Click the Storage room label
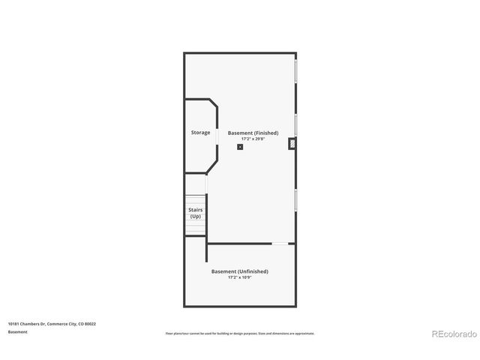pyautogui.click(x=200, y=133)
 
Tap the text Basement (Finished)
pyautogui.click(x=253, y=133)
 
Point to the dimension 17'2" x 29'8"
pyautogui.click(x=253, y=139)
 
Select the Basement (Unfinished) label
pyautogui.click(x=239, y=271)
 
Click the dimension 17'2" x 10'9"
pyautogui.click(x=239, y=277)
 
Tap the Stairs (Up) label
pyautogui.click(x=195, y=213)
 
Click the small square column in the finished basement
pyautogui.click(x=240, y=147)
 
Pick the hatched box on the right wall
pyautogui.click(x=292, y=143)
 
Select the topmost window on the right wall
pyautogui.click(x=296, y=71)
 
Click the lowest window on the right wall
pyautogui.click(x=296, y=199)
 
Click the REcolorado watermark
pyautogui.click(x=451, y=334)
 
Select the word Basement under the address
pyautogui.click(x=18, y=332)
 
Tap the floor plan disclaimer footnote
pyautogui.click(x=239, y=333)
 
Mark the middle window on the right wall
pyautogui.click(x=296, y=125)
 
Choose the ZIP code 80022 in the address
pyautogui.click(x=91, y=324)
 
